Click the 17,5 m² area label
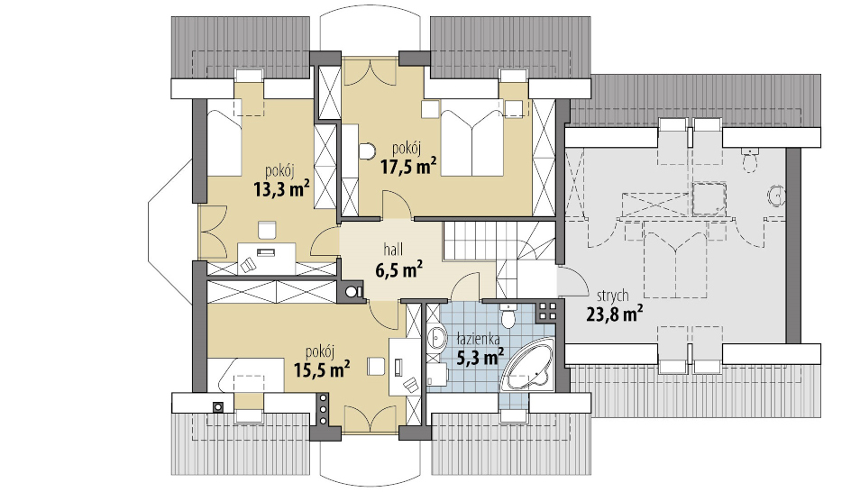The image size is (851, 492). click(408, 167)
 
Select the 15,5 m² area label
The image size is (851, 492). click(321, 370)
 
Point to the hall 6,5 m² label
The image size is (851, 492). click(399, 260)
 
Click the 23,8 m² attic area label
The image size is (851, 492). click(615, 314)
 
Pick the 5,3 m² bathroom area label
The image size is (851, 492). click(480, 358)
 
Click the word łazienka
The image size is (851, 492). click(478, 340)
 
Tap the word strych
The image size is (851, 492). click(613, 296)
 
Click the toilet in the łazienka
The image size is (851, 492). click(509, 315)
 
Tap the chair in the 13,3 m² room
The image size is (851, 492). click(267, 230)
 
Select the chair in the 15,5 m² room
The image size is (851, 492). click(376, 366)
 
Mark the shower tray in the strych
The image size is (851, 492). click(709, 198)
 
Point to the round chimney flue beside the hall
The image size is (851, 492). click(352, 292)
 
